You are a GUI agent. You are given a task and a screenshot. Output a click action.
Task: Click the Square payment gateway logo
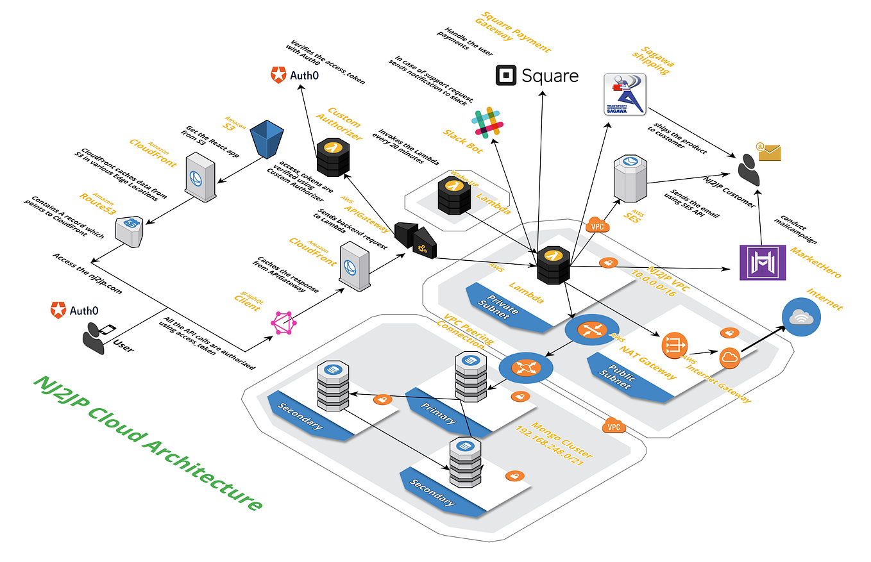(x=537, y=76)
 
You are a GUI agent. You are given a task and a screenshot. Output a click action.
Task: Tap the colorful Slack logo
(x=488, y=122)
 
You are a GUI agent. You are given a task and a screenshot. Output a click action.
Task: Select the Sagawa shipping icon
(x=625, y=94)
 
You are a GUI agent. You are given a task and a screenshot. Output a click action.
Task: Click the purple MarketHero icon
(x=762, y=262)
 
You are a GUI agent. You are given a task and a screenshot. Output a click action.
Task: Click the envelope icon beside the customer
(x=768, y=152)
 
